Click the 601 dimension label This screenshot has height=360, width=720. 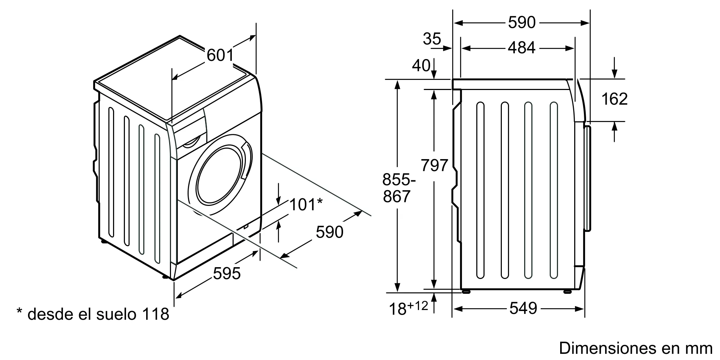pos(220,55)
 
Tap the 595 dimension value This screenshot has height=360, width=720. pos(227,274)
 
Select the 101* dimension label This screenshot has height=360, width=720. pos(306,205)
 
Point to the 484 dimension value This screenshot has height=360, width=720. pos(522,48)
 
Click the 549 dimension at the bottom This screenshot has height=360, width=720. pos(523,308)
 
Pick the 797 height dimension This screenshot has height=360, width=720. pos(434,166)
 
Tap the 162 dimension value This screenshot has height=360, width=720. pos(615,99)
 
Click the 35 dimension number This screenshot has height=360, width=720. pos(432,39)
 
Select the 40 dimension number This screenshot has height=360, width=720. pos(421,66)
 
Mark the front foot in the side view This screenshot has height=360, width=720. pos(567,291)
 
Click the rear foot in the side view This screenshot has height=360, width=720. pos(466,291)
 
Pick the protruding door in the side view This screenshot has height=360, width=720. pos(588,178)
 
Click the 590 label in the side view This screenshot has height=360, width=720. pos(522,23)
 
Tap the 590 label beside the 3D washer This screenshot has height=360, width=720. pos(329,232)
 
